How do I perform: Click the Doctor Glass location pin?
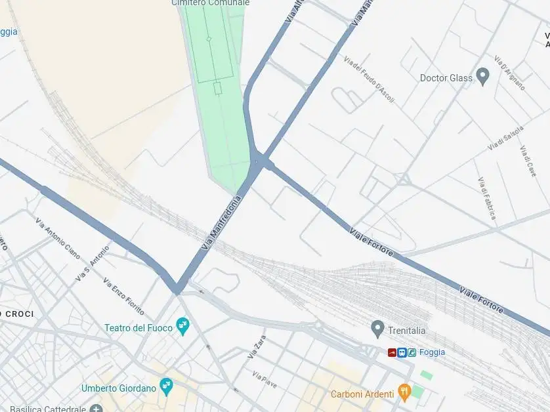pyautogui.click(x=483, y=76)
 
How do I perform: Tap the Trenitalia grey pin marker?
pyautogui.click(x=377, y=327)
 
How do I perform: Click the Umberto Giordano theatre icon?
pyautogui.click(x=166, y=386)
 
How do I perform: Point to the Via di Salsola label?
pyautogui.click(x=505, y=138)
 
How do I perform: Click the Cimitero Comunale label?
pyautogui.click(x=211, y=3)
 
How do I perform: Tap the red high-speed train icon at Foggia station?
pyautogui.click(x=392, y=352)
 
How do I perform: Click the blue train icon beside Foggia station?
pyautogui.click(x=402, y=352)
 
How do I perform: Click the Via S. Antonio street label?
pyautogui.click(x=92, y=264)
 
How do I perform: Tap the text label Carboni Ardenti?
pyautogui.click(x=362, y=394)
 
